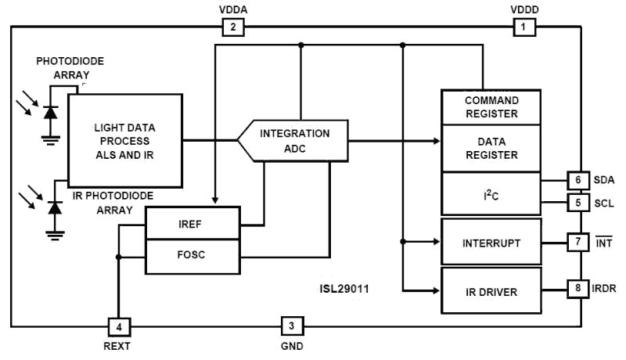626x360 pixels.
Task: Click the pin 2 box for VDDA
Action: (233, 28)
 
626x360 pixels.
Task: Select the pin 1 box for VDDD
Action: (523, 28)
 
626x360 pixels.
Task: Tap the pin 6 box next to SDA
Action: (577, 180)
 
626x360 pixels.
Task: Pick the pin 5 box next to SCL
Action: (577, 203)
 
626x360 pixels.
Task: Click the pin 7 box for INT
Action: (577, 242)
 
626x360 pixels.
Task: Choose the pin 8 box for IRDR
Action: (577, 288)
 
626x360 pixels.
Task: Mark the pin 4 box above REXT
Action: (118, 326)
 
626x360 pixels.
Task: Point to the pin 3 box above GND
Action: (291, 326)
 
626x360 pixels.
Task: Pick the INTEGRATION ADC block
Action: (293, 141)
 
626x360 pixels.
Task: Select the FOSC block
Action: (192, 256)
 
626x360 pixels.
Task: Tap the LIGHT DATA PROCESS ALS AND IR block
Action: (124, 140)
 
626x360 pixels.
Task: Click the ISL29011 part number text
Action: (344, 289)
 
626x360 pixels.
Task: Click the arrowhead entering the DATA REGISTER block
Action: (437, 141)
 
